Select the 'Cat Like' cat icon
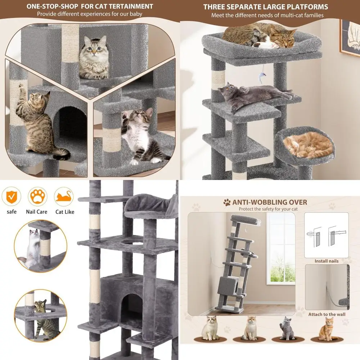click(x=64, y=196)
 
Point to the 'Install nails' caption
click(x=326, y=261)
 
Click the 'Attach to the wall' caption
click(x=327, y=314)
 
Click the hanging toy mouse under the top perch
click(x=261, y=76)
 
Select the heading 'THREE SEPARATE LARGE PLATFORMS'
click(x=265, y=7)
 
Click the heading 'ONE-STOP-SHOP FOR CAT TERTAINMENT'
click(x=90, y=6)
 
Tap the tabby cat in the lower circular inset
click(x=43, y=317)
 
